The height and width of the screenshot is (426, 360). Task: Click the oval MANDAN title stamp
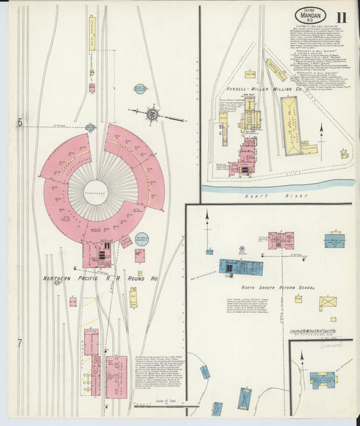tap(311, 15)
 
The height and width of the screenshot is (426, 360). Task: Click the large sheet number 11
tap(343, 17)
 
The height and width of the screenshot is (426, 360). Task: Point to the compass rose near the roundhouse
tap(153, 114)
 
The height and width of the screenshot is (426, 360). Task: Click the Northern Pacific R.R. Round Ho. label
tap(100, 278)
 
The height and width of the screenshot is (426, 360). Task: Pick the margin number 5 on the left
tap(20, 122)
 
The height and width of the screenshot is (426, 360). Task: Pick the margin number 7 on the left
tap(20, 342)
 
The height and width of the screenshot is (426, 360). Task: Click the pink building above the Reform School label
tap(280, 240)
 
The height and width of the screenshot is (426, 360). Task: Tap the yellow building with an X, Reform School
tap(328, 302)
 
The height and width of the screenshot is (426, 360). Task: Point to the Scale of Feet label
tap(165, 400)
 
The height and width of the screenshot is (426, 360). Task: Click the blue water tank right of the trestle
tap(140, 88)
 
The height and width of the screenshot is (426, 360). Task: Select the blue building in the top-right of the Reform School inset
tap(334, 240)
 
